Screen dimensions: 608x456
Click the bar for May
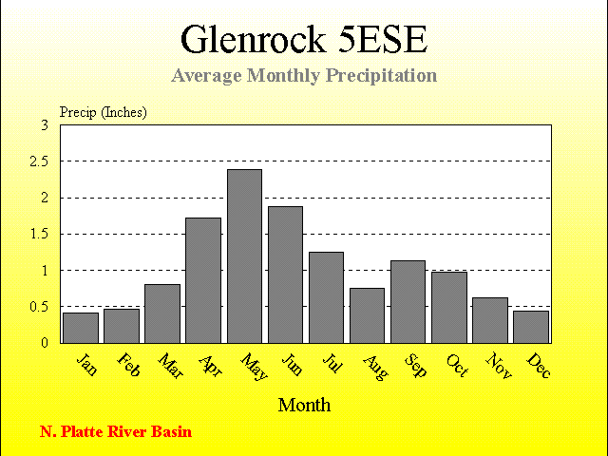[x=245, y=256]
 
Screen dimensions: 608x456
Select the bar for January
[x=81, y=328]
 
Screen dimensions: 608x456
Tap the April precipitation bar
[x=203, y=281]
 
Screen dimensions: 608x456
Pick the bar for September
[x=408, y=302]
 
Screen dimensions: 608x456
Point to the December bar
[x=531, y=327]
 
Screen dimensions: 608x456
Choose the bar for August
[x=368, y=315]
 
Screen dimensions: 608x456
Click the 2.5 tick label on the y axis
[x=39, y=161]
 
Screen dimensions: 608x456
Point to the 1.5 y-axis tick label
[x=39, y=235]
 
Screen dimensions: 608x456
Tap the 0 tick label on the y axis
[x=45, y=343]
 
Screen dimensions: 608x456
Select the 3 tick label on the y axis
[x=45, y=125]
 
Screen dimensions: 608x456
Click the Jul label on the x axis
[x=332, y=363]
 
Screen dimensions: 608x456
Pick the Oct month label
[x=458, y=365]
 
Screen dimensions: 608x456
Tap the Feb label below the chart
[x=128, y=365]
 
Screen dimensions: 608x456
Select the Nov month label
[x=499, y=366]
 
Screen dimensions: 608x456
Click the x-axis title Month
[x=304, y=406]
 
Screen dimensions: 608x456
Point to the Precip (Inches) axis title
[x=104, y=112]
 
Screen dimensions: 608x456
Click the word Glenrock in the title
[x=254, y=39]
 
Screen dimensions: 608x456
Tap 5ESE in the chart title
[x=383, y=40]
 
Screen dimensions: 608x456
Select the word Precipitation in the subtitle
[x=381, y=76]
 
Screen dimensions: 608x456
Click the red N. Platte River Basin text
[x=116, y=431]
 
